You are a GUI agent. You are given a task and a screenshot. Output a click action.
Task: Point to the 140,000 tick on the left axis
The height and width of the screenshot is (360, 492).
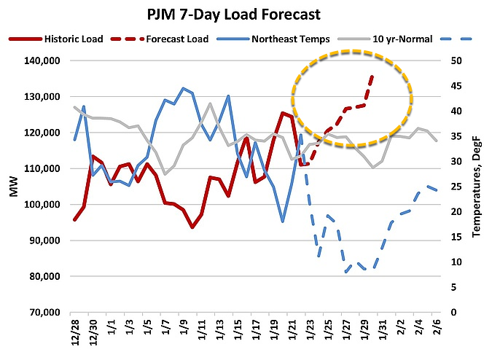[x=36, y=60]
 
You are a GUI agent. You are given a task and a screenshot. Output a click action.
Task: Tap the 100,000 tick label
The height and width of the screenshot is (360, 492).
[x=36, y=204]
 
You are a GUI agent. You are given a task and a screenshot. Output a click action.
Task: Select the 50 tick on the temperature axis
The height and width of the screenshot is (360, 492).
[x=455, y=60]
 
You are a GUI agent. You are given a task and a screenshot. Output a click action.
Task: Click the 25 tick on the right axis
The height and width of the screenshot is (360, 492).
[x=455, y=187]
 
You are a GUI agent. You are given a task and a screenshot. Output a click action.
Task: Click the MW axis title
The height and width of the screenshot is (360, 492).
[x=13, y=187]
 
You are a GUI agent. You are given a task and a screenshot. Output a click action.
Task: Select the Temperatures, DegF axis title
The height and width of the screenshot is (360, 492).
[x=477, y=186]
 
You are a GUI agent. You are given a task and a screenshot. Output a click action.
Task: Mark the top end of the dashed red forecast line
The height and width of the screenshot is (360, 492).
[x=372, y=76]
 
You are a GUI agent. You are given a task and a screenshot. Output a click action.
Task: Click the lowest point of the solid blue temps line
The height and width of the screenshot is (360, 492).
[x=282, y=221]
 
